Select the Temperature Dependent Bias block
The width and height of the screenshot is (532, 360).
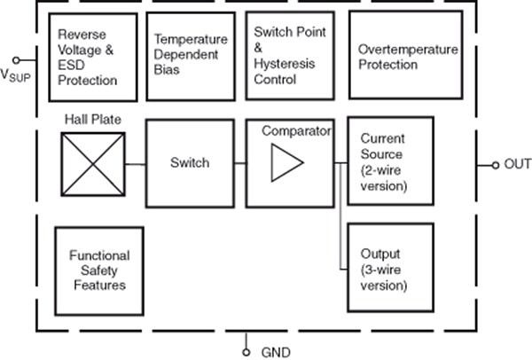pos(190,56)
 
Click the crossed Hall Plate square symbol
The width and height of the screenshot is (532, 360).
pos(93,163)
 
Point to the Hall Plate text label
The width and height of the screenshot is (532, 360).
pos(92,119)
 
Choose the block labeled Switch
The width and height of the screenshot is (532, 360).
pos(190,163)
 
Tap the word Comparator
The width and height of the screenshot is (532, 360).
pos(296,130)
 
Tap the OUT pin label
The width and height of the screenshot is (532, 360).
pos(518,164)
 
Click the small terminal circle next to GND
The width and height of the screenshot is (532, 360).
pos(246,351)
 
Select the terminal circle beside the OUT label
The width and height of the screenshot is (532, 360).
pos(495,164)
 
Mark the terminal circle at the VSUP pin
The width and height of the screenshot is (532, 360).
pos(17,59)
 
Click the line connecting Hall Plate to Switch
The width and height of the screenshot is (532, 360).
pos(135,163)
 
